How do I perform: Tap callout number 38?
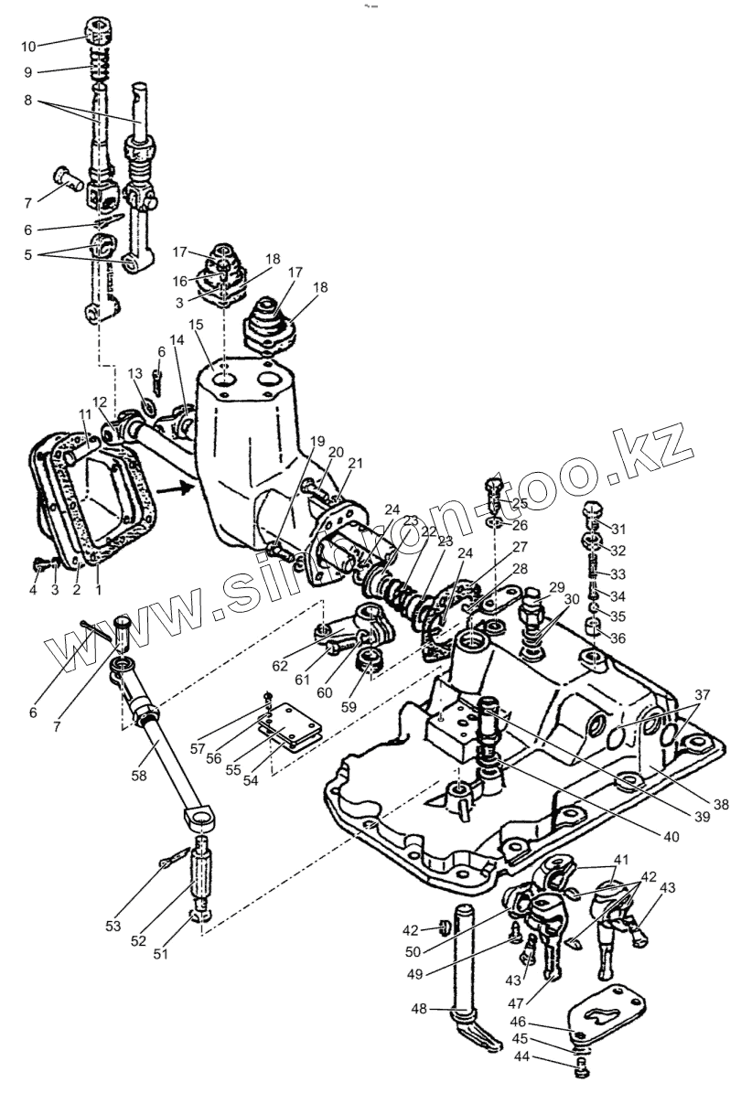click(x=721, y=805)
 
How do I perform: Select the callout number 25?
click(x=520, y=503)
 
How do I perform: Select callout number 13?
click(x=134, y=373)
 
